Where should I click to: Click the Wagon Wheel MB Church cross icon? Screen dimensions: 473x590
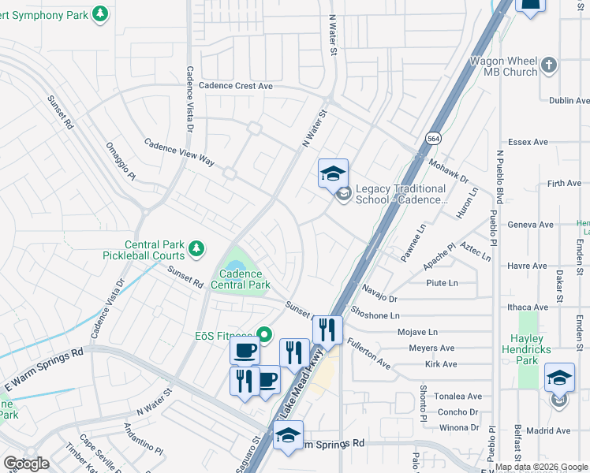(x=550, y=63)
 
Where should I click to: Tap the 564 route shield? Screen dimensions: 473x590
(x=434, y=136)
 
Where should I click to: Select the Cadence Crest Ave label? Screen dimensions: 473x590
(x=235, y=85)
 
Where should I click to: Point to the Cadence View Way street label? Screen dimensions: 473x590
(x=179, y=151)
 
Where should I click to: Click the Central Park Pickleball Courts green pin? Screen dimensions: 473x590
(x=196, y=250)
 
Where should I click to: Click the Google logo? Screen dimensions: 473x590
(x=26, y=463)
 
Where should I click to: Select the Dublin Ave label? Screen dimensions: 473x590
(x=569, y=101)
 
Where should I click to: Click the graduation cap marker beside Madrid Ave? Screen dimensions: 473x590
(x=559, y=378)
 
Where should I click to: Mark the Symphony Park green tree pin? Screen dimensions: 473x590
(x=99, y=13)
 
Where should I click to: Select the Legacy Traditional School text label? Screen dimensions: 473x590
(x=401, y=194)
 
